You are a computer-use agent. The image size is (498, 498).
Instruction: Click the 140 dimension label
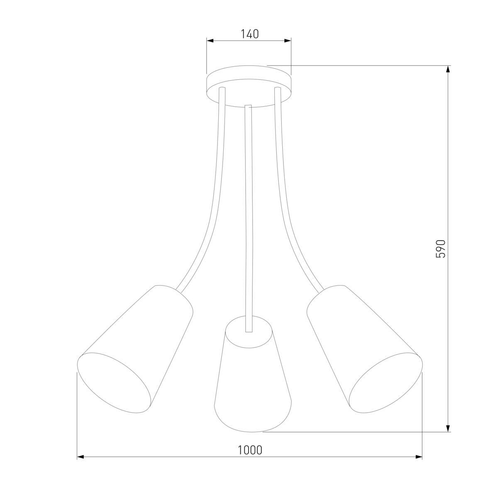pyautogui.click(x=250, y=34)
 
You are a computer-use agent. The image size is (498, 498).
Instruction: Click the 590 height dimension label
pyautogui.click(x=441, y=249)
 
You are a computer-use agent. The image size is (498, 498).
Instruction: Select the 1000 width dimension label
pyautogui.click(x=250, y=450)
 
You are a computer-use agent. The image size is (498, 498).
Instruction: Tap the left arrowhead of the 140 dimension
pyautogui.click(x=210, y=41)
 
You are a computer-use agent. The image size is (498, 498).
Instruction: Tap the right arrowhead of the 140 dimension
pyautogui.click(x=288, y=41)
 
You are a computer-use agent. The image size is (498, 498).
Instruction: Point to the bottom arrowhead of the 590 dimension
pyautogui.click(x=448, y=428)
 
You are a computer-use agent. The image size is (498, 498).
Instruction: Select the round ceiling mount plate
pyautogui.click(x=249, y=86)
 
